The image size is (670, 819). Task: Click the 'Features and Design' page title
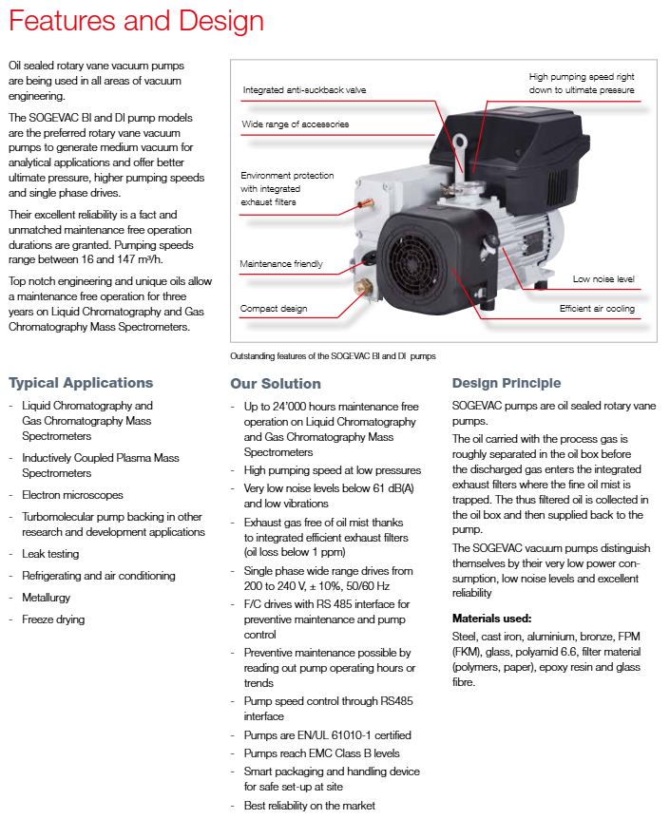point(135,21)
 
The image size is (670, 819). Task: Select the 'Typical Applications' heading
point(81,383)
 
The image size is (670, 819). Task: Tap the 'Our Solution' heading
point(276,384)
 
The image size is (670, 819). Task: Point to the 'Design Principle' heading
point(507,383)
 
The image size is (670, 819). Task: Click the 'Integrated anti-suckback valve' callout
point(304,90)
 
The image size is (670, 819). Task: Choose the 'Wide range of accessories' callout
point(296,124)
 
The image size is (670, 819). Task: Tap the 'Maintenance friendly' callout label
point(281,264)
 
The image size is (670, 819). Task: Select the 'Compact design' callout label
point(273,309)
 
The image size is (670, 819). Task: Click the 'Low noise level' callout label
point(604,279)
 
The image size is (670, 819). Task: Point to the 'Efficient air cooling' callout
point(597,309)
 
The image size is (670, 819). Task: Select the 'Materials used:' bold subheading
point(491,618)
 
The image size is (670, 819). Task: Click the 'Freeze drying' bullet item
point(53,619)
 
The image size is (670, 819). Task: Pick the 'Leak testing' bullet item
point(50,554)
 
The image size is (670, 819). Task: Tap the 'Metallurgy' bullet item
point(46,598)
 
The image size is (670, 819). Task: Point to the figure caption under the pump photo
point(333,357)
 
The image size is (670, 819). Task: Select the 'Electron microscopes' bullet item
point(72,495)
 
